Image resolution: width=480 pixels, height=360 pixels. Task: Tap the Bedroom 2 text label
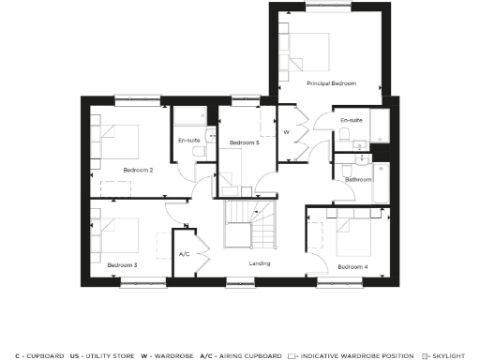point(138,170)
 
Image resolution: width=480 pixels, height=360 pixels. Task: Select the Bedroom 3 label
point(122,265)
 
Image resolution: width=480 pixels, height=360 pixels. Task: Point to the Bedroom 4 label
point(352,267)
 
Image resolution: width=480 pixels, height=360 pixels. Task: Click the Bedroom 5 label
point(244,142)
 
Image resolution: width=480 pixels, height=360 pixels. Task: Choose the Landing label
point(260,263)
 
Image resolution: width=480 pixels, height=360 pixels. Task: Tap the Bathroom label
point(358,179)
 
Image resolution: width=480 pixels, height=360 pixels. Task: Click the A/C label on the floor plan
point(185,254)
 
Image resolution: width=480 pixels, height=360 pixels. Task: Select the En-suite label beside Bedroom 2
point(189,141)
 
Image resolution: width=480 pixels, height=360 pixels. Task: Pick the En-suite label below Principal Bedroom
point(352,121)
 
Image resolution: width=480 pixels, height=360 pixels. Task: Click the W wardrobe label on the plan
point(286,132)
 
